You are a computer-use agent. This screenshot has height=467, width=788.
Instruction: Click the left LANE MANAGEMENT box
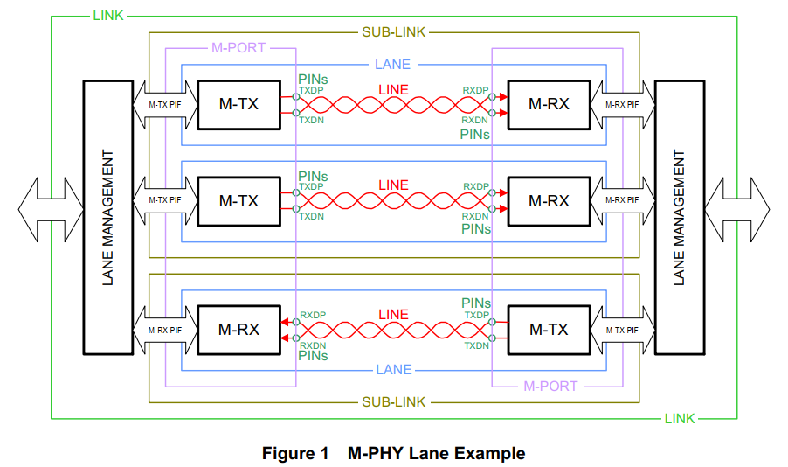coord(107,218)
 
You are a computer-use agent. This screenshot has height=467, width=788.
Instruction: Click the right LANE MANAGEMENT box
coord(679,218)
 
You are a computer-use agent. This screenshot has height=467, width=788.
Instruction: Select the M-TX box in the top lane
coord(238,104)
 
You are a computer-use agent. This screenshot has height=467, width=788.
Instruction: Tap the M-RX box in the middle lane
coord(549,200)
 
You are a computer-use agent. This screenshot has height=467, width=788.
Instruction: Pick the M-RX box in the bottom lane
coord(238,330)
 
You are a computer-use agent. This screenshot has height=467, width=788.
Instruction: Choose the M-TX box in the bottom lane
coord(549,330)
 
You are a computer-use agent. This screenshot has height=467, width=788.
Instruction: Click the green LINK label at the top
coord(107,16)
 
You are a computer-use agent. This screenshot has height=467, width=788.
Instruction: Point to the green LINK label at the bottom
coord(679,419)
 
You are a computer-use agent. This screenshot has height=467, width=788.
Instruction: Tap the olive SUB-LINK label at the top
coord(393,32)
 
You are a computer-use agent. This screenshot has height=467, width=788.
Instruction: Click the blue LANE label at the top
coord(392,65)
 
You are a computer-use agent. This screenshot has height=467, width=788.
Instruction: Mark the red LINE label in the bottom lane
coord(393,314)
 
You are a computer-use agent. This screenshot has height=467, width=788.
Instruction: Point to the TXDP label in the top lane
coord(312,90)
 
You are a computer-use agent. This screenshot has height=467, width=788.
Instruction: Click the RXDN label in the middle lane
coord(475,216)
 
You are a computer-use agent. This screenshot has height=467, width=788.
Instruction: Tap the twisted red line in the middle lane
coord(393,201)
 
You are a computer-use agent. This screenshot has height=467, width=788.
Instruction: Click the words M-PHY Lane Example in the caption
coord(436,453)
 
